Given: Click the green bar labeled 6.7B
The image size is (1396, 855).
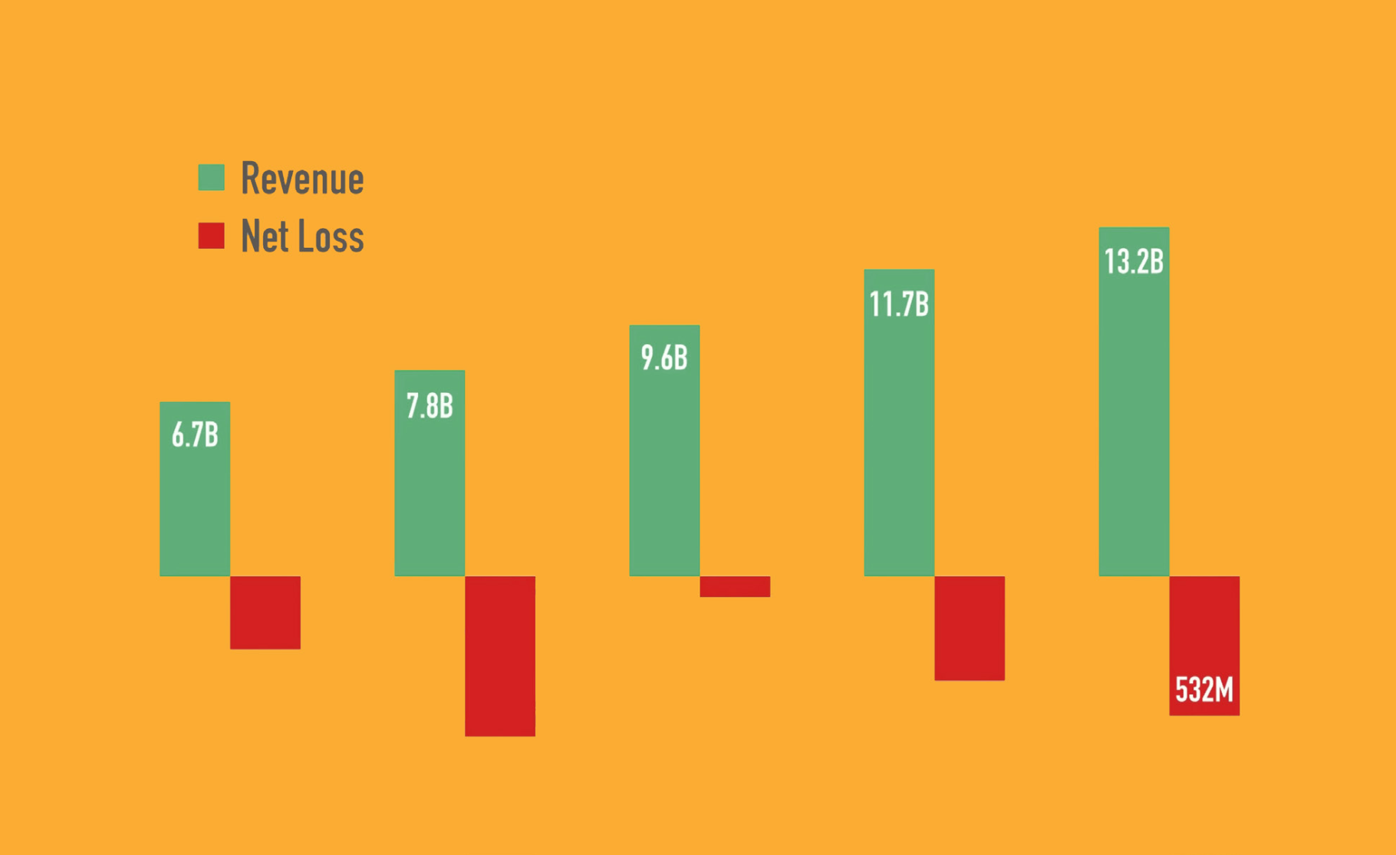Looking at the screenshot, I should (195, 507).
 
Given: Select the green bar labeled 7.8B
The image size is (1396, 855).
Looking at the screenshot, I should (430, 491).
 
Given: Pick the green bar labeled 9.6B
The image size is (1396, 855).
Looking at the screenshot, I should (664, 468).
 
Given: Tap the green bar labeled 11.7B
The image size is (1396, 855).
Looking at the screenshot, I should (899, 445).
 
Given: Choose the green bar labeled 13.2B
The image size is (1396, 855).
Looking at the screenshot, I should (1134, 422).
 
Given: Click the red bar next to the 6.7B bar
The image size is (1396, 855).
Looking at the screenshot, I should (265, 612).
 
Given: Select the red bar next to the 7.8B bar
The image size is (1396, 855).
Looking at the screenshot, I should (500, 655).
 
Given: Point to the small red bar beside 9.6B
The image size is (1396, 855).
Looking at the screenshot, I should (735, 586).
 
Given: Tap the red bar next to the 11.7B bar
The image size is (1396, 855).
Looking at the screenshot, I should (970, 628).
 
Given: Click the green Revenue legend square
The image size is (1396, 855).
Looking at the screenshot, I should (212, 177).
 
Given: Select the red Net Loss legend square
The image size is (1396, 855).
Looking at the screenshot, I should (212, 236).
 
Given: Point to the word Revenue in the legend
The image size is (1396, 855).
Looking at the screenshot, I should (302, 179).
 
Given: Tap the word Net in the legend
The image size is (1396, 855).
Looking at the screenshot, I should (265, 236).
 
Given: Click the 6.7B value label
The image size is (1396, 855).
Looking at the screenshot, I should (195, 435).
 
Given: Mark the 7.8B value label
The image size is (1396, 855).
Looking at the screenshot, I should (430, 406).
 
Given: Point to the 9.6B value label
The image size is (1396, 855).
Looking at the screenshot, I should (664, 358).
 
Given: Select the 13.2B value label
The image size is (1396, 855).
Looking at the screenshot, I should (1134, 262).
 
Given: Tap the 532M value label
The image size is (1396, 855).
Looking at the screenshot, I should (1204, 690).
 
